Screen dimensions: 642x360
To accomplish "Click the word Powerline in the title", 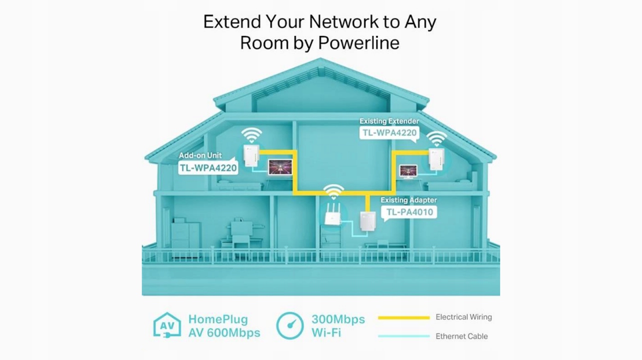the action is point(358,43).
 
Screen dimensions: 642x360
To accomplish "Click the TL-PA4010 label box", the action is point(409,212).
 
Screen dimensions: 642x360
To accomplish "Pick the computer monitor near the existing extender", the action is point(407,170).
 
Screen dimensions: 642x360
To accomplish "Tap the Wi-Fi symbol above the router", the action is point(333,192).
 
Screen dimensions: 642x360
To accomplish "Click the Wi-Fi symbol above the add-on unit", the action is point(251,134).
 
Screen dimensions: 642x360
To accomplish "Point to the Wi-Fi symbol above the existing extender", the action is point(436,138).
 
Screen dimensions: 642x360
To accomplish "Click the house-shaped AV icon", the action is point(167,325).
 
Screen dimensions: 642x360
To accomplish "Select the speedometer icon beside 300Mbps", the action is point(290,325).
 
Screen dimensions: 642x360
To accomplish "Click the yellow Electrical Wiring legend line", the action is point(403,317).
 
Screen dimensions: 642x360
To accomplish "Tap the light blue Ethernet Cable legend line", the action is point(403,336).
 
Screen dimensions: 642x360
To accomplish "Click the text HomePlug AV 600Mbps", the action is point(224,325).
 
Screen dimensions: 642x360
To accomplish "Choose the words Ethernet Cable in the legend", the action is point(461,336).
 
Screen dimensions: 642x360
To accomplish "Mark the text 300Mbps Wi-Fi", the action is point(338,325).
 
